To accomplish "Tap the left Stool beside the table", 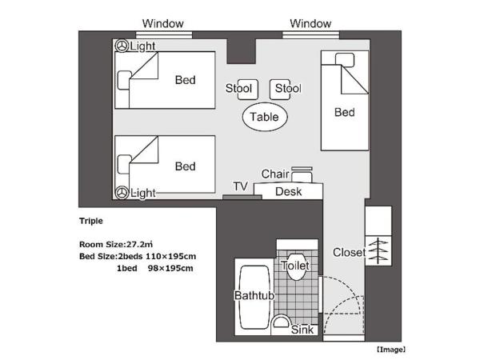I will coord(238,89).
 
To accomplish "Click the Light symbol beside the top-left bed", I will coord(122,46).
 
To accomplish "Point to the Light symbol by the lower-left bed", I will coord(122,193).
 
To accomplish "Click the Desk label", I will coord(288,192).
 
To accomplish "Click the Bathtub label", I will coord(254,296).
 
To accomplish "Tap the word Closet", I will coord(350,253).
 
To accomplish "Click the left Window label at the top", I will coord(162,23).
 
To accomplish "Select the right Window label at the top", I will coord(310,23).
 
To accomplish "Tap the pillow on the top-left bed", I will coord(125,80).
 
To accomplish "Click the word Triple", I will coord(91,222).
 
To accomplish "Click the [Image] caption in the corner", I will coord(391,350).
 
